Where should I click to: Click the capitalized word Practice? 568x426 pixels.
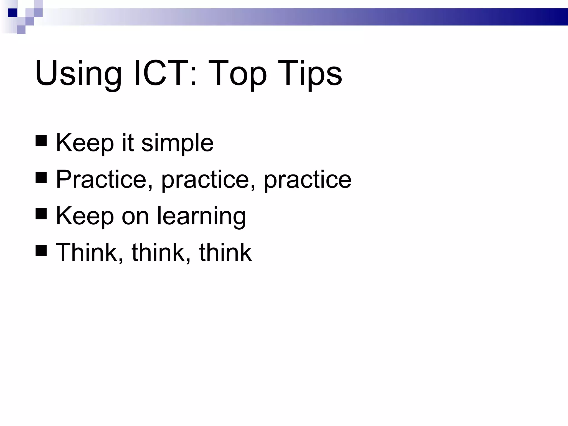pos(101,180)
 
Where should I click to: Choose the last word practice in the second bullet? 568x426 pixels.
pos(308,180)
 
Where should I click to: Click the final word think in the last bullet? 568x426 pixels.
pos(225,252)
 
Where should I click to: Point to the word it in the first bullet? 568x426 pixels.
pos(128,143)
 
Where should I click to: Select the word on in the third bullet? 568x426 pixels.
pos(135,216)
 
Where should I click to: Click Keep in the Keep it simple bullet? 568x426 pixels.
pos(85,143)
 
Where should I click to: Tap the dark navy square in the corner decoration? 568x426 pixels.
pos(13,13)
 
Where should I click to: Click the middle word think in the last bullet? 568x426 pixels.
pos(158,252)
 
